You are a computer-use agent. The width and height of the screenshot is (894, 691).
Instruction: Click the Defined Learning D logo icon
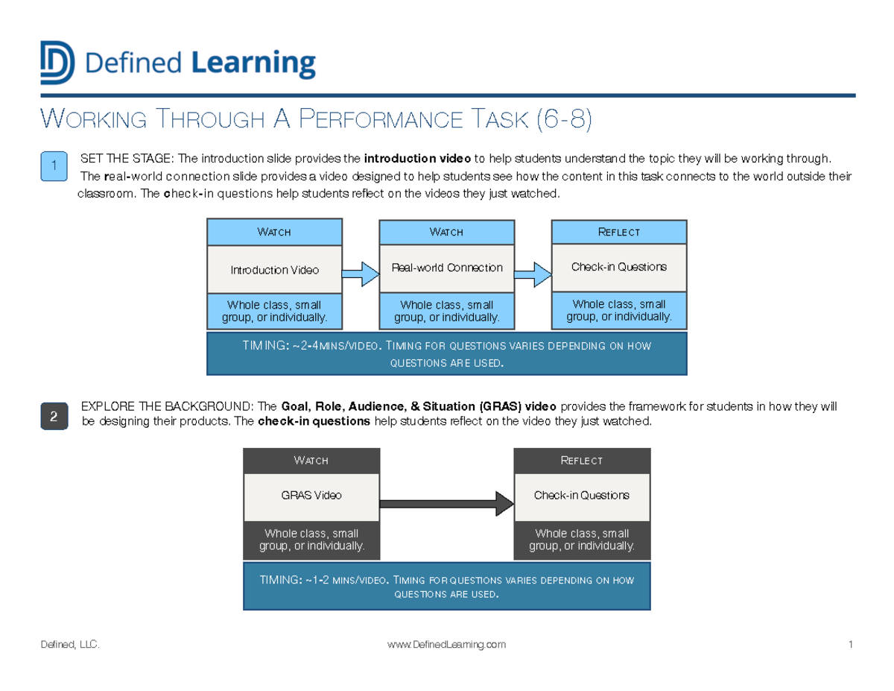(x=57, y=63)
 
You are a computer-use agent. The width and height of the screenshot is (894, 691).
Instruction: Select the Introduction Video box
(x=274, y=270)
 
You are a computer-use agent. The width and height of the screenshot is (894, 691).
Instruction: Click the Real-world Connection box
(x=447, y=268)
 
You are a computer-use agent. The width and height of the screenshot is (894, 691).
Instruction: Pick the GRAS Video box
(x=311, y=495)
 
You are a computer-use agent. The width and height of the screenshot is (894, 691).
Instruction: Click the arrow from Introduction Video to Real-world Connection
(x=361, y=273)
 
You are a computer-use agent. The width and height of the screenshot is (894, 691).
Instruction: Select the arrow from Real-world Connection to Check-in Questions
(x=533, y=274)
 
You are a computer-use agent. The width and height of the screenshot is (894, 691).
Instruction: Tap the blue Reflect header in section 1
(x=619, y=233)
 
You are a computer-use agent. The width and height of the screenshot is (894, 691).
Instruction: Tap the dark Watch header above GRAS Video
(x=311, y=461)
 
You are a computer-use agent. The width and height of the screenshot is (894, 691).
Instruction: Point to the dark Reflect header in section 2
(x=582, y=461)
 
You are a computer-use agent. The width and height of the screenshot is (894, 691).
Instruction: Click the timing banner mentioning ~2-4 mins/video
(x=446, y=354)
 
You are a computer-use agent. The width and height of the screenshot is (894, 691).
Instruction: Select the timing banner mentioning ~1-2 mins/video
(x=446, y=587)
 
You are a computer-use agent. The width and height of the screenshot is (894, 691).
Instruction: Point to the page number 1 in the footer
(x=849, y=645)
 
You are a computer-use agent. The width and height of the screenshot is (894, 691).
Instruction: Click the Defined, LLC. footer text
(x=72, y=645)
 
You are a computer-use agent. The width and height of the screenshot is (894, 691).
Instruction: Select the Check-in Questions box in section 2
(x=582, y=495)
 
